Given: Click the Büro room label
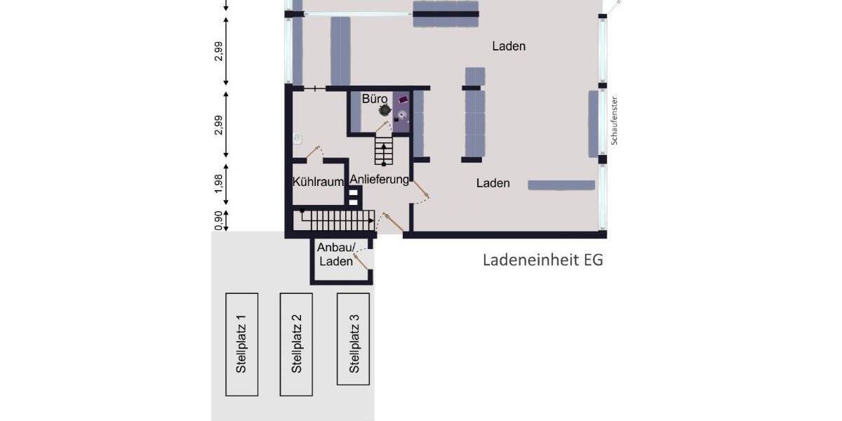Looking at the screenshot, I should [x=375, y=99].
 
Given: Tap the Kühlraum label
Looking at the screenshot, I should [x=317, y=182].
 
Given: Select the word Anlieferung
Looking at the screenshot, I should [x=380, y=180].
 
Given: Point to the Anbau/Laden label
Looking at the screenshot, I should [x=336, y=254].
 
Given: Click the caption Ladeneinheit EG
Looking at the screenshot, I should [x=542, y=260].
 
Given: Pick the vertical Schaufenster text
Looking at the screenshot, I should [x=614, y=120].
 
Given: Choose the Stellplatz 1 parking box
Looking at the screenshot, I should [x=241, y=345].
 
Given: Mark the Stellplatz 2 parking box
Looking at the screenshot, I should [x=296, y=345].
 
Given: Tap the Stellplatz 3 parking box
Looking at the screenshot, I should [x=353, y=339].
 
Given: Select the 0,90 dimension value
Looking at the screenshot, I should [x=219, y=220].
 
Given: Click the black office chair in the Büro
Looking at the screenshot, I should [x=385, y=110].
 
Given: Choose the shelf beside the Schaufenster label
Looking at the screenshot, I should [x=594, y=123].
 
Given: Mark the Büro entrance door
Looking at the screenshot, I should [x=383, y=126].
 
